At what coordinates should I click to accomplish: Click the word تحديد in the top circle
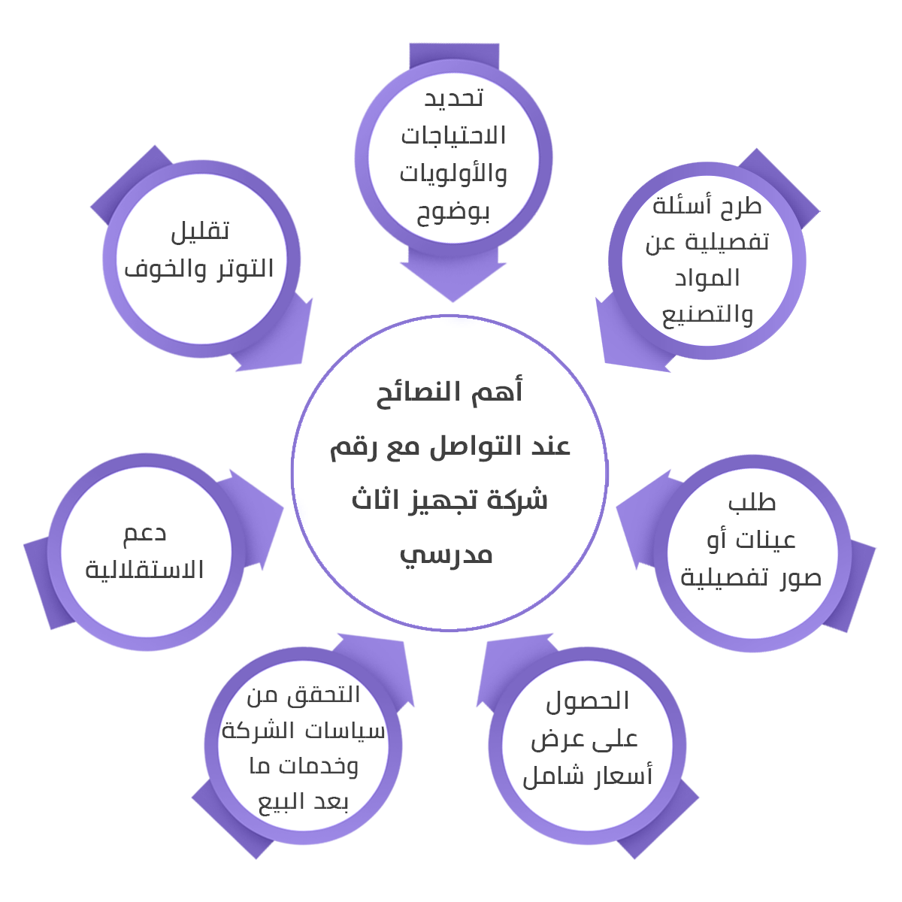coord(453,98)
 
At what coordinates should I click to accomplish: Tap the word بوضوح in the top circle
coord(453,213)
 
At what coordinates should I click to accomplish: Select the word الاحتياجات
coord(453,136)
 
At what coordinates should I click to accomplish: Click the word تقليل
coord(200,230)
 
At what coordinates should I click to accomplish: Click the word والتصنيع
coord(707,314)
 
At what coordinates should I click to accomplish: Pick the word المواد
coord(707,277)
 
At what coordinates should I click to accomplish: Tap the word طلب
coord(752,502)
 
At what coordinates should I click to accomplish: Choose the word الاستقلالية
coord(145,570)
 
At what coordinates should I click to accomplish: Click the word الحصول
coord(588,701)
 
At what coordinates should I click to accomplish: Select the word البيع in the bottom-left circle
coord(280,802)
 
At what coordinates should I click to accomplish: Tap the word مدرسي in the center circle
coord(446,555)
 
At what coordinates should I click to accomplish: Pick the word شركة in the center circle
coord(516,500)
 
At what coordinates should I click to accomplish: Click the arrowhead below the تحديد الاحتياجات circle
coord(453,282)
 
